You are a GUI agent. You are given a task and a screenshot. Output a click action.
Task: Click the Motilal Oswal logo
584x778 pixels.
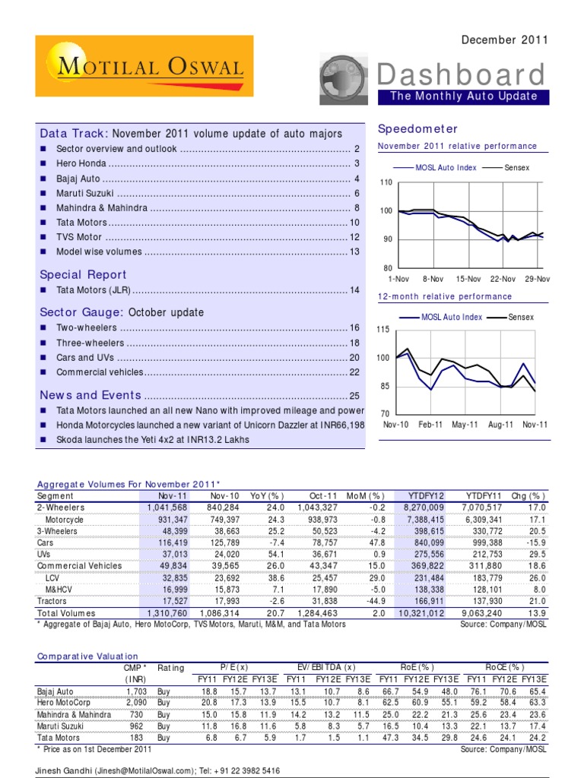click(x=144, y=68)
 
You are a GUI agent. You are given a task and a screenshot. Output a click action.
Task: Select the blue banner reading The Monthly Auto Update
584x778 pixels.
click(x=463, y=96)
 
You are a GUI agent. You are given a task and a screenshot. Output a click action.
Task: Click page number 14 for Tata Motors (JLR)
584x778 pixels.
click(x=354, y=290)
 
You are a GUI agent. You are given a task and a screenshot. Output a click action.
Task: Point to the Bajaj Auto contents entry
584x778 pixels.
click(x=79, y=179)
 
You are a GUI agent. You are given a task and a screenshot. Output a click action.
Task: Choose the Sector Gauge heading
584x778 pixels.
click(x=81, y=312)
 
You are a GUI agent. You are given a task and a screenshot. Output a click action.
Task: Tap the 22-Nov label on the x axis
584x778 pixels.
click(x=503, y=280)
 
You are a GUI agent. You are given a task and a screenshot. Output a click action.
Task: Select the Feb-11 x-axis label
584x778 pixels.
click(x=431, y=425)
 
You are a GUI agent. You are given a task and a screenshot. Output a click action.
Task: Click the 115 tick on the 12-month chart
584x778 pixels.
click(x=383, y=330)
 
